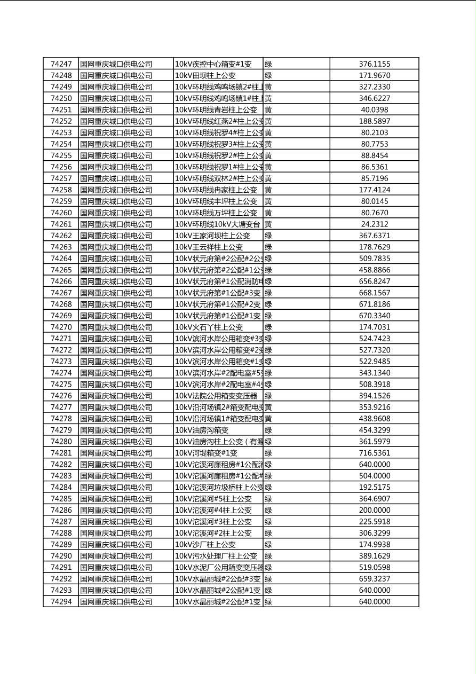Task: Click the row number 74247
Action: pyautogui.click(x=61, y=64)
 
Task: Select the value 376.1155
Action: pyautogui.click(x=374, y=64)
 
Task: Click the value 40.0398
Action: pyautogui.click(x=374, y=109)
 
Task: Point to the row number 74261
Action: pyautogui.click(x=61, y=224)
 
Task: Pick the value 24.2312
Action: pyautogui.click(x=374, y=224)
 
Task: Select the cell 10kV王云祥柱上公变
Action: pyautogui.click(x=209, y=247)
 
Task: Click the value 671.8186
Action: pyautogui.click(x=374, y=304)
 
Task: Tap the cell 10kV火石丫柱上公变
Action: pyautogui.click(x=209, y=327)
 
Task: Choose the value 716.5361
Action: pyautogui.click(x=374, y=453)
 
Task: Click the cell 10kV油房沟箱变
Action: pyautogui.click(x=202, y=430)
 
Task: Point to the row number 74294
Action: pyautogui.click(x=61, y=601)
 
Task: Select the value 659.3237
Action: pyautogui.click(x=374, y=578)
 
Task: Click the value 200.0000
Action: pyautogui.click(x=374, y=510)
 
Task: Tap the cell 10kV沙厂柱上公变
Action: pyautogui.click(x=205, y=544)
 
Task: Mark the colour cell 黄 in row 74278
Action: pyautogui.click(x=268, y=419)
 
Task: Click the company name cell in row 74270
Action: pyautogui.click(x=116, y=327)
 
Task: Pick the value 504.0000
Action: pyautogui.click(x=374, y=476)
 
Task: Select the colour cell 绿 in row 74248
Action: pyautogui.click(x=268, y=75)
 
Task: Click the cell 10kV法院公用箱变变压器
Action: pyautogui.click(x=217, y=396)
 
